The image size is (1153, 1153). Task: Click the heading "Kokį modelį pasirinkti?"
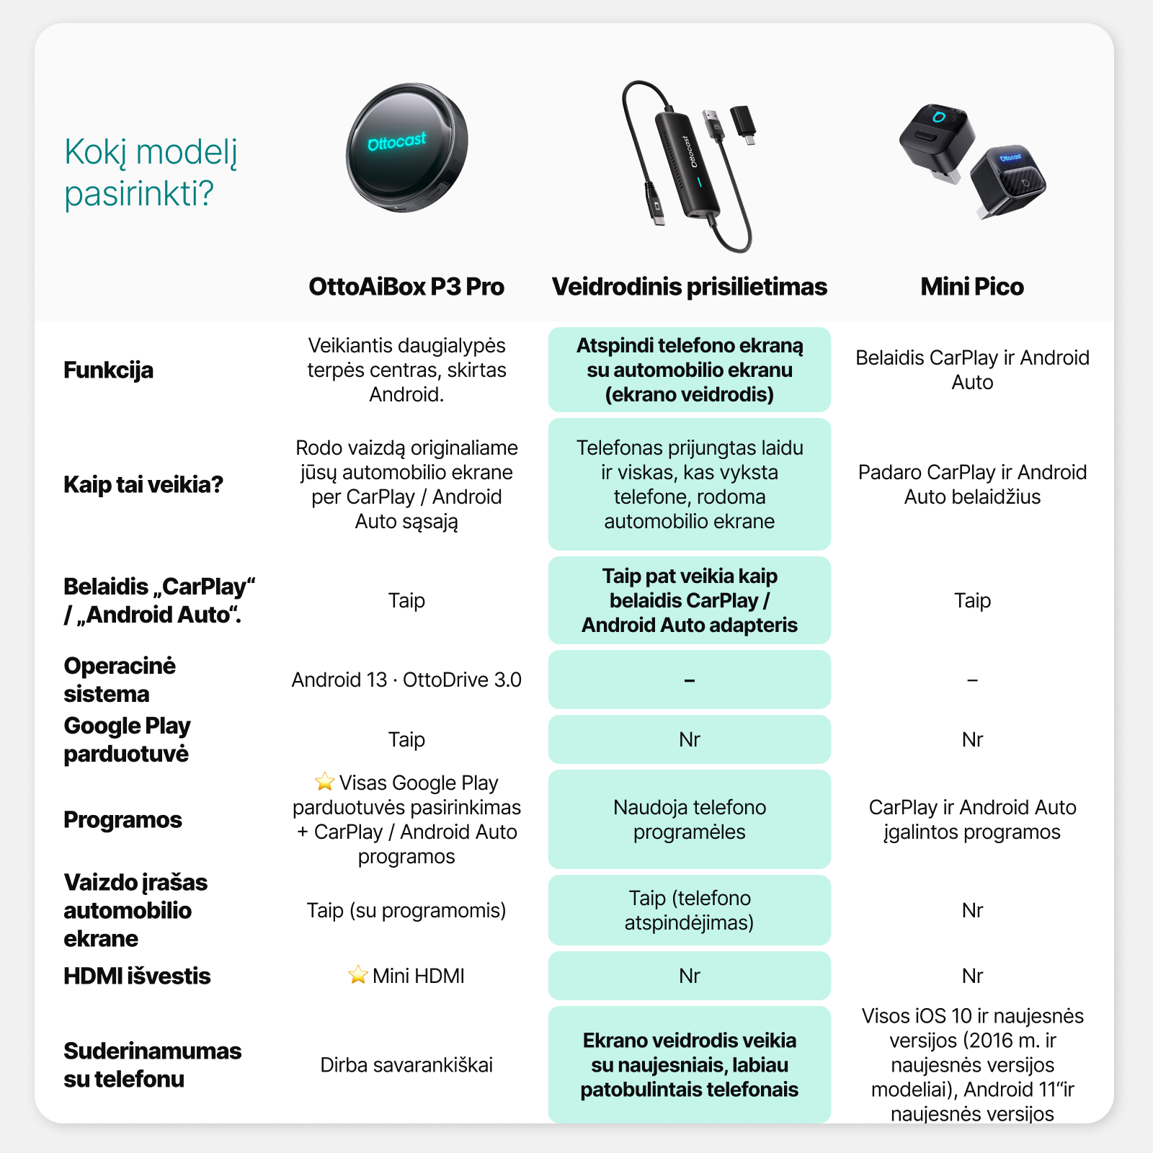click(x=151, y=172)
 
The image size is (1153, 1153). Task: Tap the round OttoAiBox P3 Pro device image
click(x=407, y=148)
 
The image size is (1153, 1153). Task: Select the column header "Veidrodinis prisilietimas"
click(x=689, y=287)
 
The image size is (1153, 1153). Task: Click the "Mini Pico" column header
click(x=971, y=287)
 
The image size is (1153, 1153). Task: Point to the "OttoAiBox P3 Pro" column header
click(x=406, y=287)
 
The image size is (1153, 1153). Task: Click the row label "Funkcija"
click(x=109, y=370)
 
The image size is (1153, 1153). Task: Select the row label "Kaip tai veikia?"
click(x=143, y=484)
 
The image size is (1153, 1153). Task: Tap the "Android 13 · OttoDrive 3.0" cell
click(x=406, y=680)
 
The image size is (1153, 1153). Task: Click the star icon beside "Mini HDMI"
click(x=357, y=975)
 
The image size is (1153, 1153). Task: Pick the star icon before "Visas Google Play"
click(x=324, y=782)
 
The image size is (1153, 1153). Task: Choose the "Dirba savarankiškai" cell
click(x=406, y=1065)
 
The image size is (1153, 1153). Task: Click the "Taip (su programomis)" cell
click(x=406, y=910)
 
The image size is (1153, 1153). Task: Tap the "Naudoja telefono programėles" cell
click(x=689, y=819)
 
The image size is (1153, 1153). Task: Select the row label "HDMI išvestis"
click(x=137, y=976)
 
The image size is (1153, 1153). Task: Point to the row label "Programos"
click(x=123, y=820)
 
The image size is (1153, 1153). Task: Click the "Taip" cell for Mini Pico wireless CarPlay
click(x=972, y=600)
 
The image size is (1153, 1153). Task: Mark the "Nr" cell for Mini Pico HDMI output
click(x=972, y=976)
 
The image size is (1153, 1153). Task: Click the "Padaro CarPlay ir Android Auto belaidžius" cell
click(x=972, y=484)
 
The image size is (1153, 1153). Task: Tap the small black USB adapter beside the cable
click(x=744, y=123)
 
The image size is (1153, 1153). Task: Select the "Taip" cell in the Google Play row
click(x=406, y=739)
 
